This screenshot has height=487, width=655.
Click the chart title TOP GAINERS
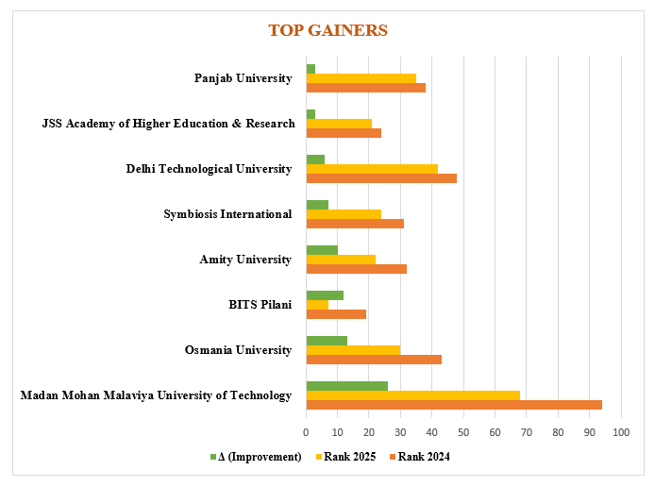(x=327, y=30)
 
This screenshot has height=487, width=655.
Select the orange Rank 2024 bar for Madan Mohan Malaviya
(x=454, y=405)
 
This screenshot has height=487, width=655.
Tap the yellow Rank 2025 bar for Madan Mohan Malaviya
(x=413, y=395)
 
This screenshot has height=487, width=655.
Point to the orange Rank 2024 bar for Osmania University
(x=374, y=360)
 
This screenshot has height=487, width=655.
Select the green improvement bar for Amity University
(x=322, y=250)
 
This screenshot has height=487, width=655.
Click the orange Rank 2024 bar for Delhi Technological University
(x=381, y=177)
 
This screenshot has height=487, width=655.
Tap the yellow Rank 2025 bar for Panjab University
(x=361, y=77)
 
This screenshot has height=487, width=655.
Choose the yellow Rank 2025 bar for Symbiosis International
(x=344, y=214)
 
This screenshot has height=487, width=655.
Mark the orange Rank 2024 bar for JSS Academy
(x=344, y=133)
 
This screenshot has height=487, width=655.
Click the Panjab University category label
(x=243, y=78)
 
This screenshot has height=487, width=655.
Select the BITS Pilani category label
(x=260, y=305)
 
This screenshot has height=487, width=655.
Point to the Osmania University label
(x=238, y=350)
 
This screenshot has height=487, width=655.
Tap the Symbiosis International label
(x=227, y=214)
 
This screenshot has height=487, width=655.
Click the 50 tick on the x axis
(x=463, y=432)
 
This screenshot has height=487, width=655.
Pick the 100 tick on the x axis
(x=621, y=432)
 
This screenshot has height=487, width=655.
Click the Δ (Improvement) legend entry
(x=255, y=457)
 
